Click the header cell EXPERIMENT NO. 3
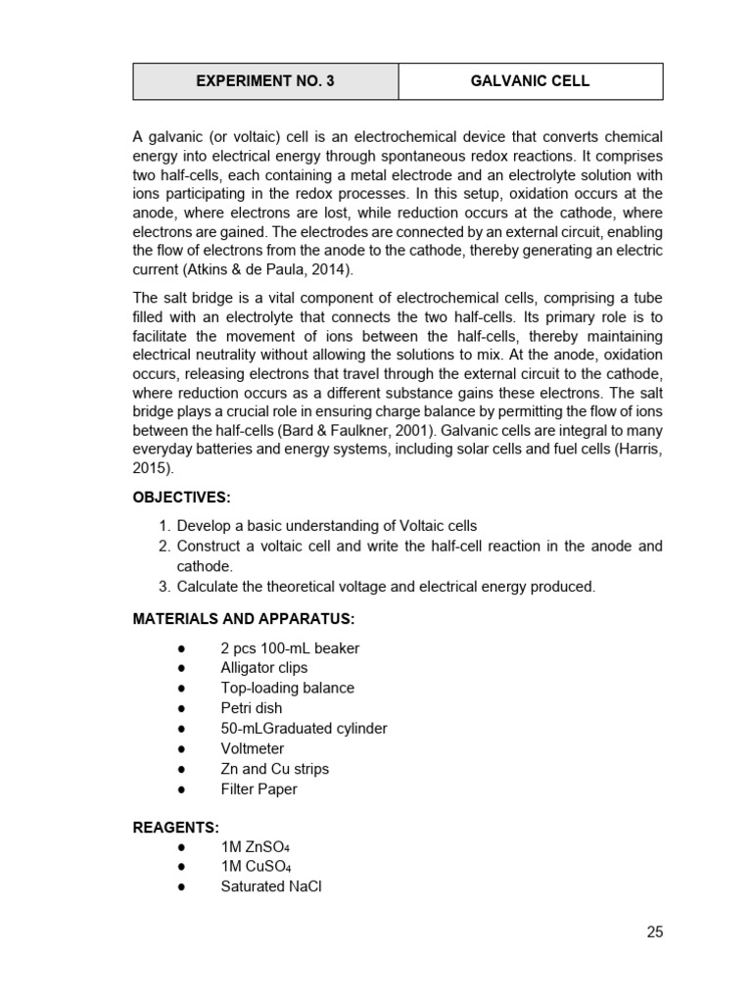[265, 81]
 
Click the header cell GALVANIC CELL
[530, 81]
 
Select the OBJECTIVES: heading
[181, 498]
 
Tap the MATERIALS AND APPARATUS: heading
[244, 618]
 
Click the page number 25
[654, 931]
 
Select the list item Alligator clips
[263, 668]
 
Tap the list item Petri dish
[251, 708]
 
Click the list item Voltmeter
[252, 748]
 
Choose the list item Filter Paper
[258, 789]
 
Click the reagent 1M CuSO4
[256, 867]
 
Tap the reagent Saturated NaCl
[270, 887]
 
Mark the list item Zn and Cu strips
[274, 769]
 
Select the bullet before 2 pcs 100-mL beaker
[182, 648]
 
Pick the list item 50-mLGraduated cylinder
[304, 729]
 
